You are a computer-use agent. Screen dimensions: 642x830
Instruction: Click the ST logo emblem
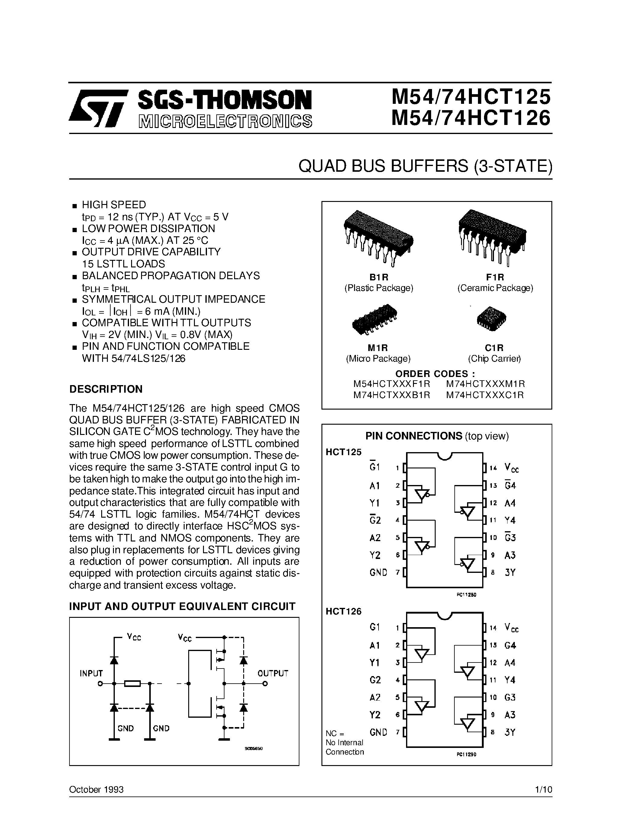(x=98, y=108)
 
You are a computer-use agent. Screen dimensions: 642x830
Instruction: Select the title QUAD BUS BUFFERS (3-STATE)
(x=425, y=167)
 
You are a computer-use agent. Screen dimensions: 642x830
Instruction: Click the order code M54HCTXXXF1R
(x=392, y=384)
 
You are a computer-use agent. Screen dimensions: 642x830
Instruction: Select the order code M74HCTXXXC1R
(x=485, y=395)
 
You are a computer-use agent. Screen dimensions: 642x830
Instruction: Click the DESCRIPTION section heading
(x=106, y=389)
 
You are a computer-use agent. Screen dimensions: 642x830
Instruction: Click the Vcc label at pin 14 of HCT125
(x=511, y=468)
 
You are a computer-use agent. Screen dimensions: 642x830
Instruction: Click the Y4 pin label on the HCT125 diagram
(x=510, y=520)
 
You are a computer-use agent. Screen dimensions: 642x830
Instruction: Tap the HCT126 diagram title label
(x=344, y=611)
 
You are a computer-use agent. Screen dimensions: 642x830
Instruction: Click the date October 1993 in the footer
(x=96, y=789)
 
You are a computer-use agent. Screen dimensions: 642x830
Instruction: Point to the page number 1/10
(x=543, y=789)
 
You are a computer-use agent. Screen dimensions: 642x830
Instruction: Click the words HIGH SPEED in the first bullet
(x=114, y=205)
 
